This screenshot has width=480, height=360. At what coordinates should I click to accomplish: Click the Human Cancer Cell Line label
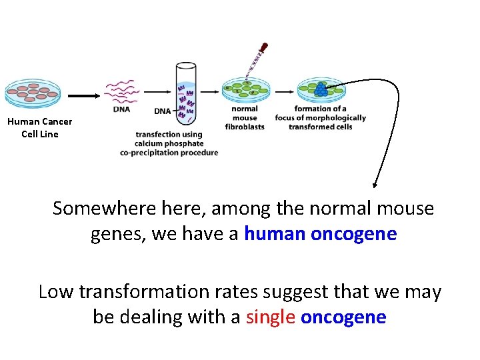pos(40,127)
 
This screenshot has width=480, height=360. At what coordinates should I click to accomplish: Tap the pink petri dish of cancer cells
pos(31,95)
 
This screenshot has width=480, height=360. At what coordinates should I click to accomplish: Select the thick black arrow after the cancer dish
pos(83,95)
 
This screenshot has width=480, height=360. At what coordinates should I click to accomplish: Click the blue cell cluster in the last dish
pos(321,89)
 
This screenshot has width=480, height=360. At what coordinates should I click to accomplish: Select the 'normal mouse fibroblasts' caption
pos(245,117)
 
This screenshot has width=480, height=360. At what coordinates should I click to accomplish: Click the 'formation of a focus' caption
pos(321,117)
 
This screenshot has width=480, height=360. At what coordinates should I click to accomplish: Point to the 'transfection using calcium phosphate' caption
pos(169,143)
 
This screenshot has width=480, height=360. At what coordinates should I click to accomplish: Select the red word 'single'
pos(270,317)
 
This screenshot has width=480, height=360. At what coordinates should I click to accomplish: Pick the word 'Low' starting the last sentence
pos(55,292)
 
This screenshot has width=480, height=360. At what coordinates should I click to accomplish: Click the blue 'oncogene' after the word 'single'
pos(343,317)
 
